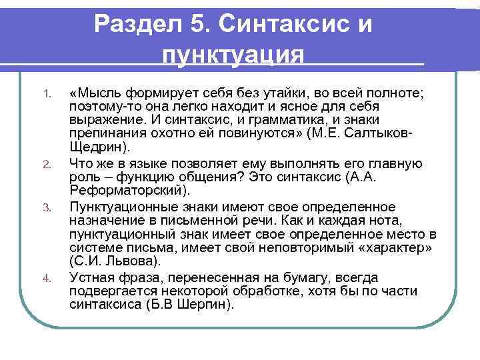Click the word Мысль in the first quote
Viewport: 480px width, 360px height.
coord(103,91)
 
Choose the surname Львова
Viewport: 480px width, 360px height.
coord(133,261)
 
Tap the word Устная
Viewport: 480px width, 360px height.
coord(93,277)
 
